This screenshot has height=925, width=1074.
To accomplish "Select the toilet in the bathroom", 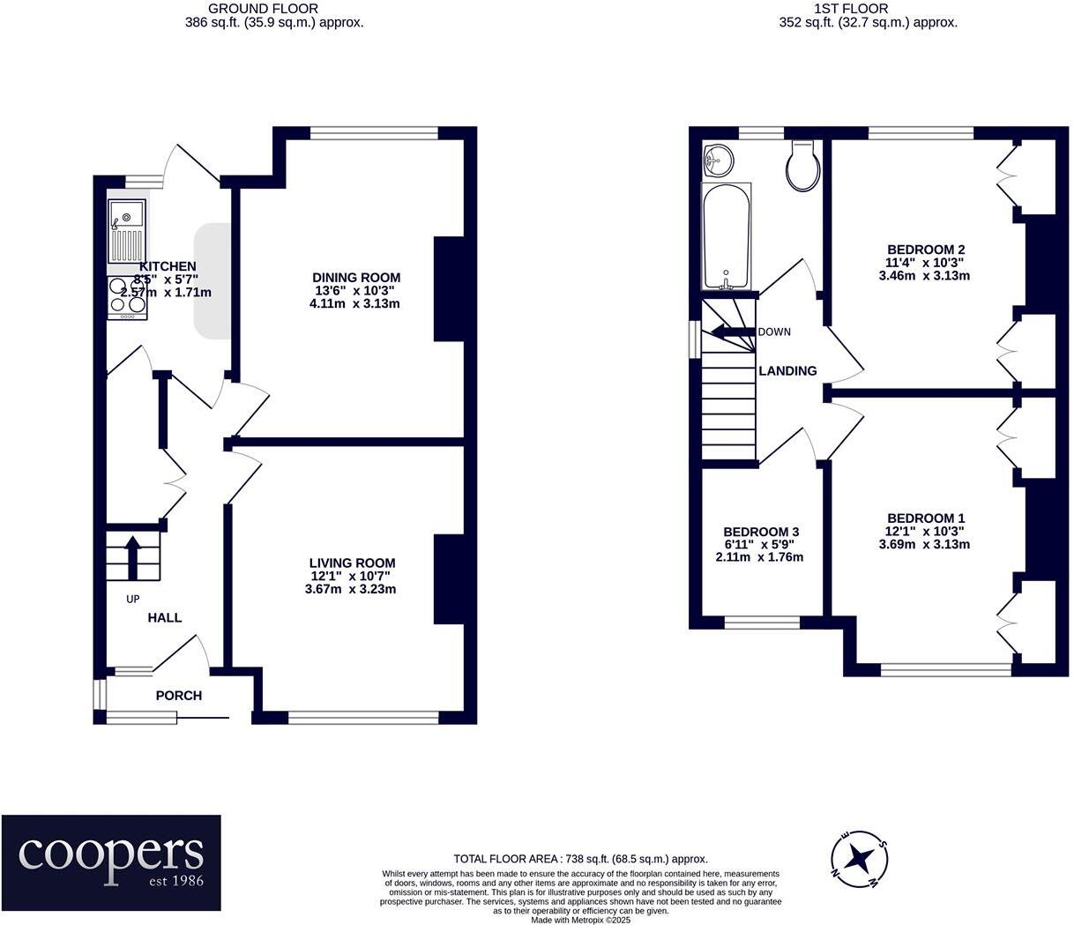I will click(x=802, y=167).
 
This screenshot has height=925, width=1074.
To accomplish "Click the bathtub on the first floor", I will click(x=726, y=236).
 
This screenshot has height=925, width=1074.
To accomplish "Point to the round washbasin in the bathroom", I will click(x=720, y=160).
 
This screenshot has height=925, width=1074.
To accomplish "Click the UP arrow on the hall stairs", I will click(x=132, y=556).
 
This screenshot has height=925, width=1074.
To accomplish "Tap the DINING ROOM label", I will click(x=356, y=277).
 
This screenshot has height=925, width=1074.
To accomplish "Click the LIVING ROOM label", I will click(x=352, y=563).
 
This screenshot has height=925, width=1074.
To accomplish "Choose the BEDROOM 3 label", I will click(x=760, y=532).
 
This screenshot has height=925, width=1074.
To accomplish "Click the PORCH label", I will click(x=179, y=696).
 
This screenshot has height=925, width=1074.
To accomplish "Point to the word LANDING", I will click(x=787, y=371).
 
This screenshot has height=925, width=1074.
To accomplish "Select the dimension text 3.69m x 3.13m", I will click(x=924, y=544).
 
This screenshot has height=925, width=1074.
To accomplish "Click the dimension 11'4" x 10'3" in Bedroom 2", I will click(x=924, y=262).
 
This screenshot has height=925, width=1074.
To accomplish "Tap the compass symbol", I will click(x=858, y=858).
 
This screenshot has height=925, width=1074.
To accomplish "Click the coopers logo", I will click(x=111, y=851).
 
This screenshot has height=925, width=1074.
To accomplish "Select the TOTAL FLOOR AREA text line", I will click(x=580, y=858).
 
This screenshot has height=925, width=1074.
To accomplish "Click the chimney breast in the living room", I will click(x=448, y=578).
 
